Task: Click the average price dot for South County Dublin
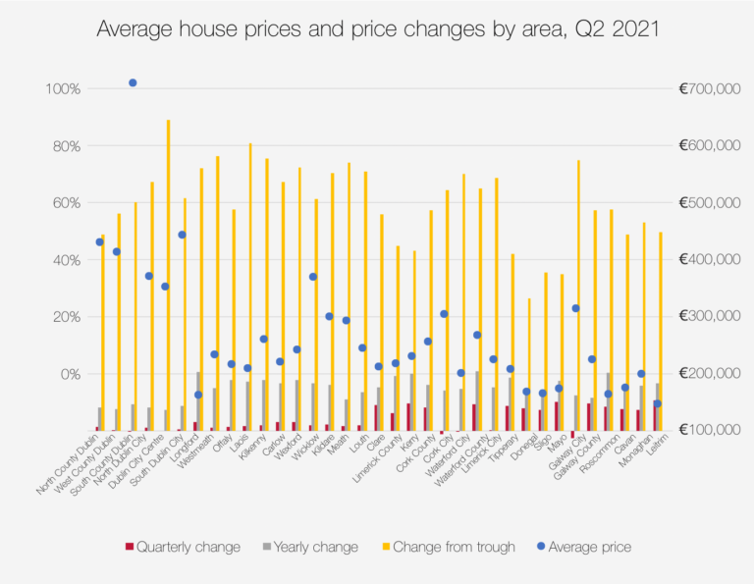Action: click(133, 83)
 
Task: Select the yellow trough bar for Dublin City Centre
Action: click(169, 275)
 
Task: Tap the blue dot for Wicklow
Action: click(313, 277)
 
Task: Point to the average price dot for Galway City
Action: click(575, 308)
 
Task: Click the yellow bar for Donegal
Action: click(529, 363)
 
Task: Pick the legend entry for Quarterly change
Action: click(183, 547)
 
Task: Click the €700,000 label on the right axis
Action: click(708, 89)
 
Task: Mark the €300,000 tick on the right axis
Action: click(708, 317)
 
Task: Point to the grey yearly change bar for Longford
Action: click(198, 400)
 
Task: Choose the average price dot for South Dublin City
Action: click(182, 235)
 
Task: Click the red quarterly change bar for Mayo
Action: click(557, 415)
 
